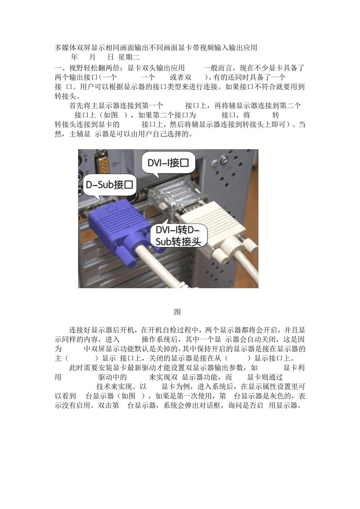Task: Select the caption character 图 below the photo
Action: point(177,312)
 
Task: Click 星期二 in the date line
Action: point(129,58)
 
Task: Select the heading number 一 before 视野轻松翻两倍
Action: point(58,68)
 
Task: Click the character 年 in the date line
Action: point(74,58)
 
